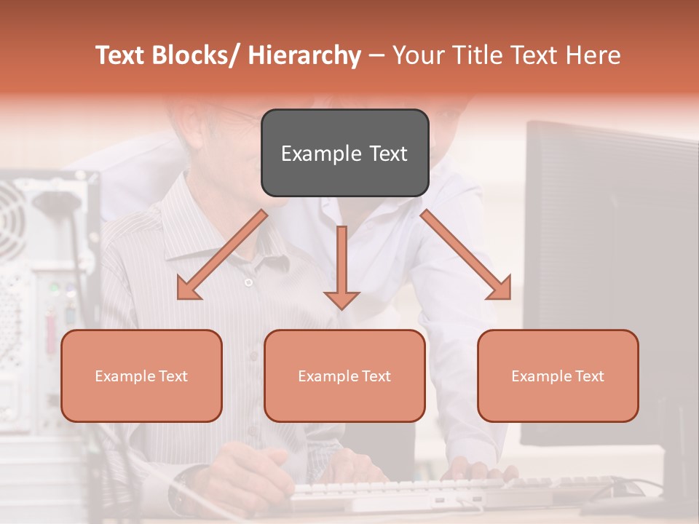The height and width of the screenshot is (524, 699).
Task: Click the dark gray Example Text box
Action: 344,153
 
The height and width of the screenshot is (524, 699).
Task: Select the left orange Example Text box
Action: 141,376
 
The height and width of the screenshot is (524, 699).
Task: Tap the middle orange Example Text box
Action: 344,376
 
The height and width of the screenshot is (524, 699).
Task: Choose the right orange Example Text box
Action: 558,376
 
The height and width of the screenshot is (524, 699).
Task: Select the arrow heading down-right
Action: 467,255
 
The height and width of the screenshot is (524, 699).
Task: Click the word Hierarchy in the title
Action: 304,55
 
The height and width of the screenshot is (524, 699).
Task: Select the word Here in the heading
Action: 593,55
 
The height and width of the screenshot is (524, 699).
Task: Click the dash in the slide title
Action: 376,56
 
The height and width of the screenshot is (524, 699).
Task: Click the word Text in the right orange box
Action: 589,376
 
